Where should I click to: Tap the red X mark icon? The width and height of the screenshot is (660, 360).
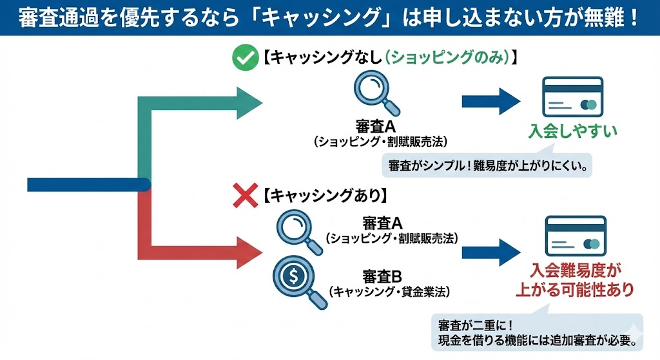pos(244,196)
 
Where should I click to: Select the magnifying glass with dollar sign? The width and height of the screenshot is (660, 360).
pos(296,278)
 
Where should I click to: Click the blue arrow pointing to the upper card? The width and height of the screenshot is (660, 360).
pos(490,100)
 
